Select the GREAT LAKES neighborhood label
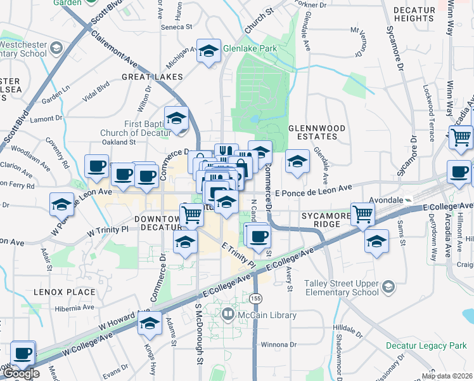(153, 77)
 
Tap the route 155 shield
(255, 298)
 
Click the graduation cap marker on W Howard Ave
(150, 324)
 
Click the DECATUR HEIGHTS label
(414, 15)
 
